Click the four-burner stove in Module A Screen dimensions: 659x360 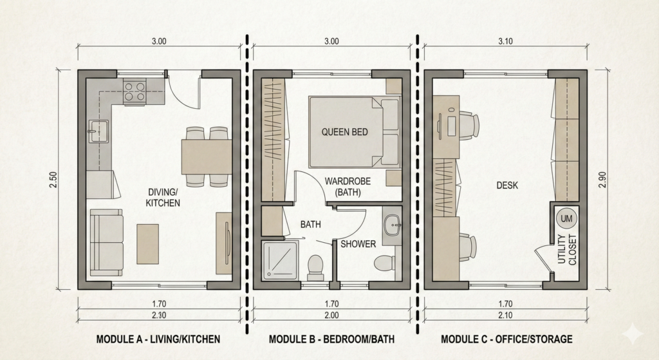(x=135, y=92)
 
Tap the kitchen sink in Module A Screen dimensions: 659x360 (x=98, y=131)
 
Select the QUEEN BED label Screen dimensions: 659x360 (x=345, y=132)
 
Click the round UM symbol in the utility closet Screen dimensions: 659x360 (x=566, y=219)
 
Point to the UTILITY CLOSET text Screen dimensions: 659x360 (x=567, y=249)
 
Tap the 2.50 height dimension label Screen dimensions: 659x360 (x=54, y=180)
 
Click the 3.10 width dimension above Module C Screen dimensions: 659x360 (x=505, y=41)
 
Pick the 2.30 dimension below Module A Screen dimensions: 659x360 (x=159, y=315)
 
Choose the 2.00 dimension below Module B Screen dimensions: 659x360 (x=331, y=315)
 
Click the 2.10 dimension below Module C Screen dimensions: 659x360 (x=505, y=315)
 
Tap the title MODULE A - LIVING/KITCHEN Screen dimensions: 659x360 (x=158, y=339)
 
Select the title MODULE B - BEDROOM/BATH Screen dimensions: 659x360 (x=331, y=339)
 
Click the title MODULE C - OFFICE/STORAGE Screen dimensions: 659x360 (x=506, y=339)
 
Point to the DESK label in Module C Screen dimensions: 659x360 (x=507, y=185)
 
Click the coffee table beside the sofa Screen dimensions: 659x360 (x=147, y=244)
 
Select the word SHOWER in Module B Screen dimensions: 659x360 (x=358, y=244)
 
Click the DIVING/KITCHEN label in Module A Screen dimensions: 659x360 (x=163, y=198)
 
